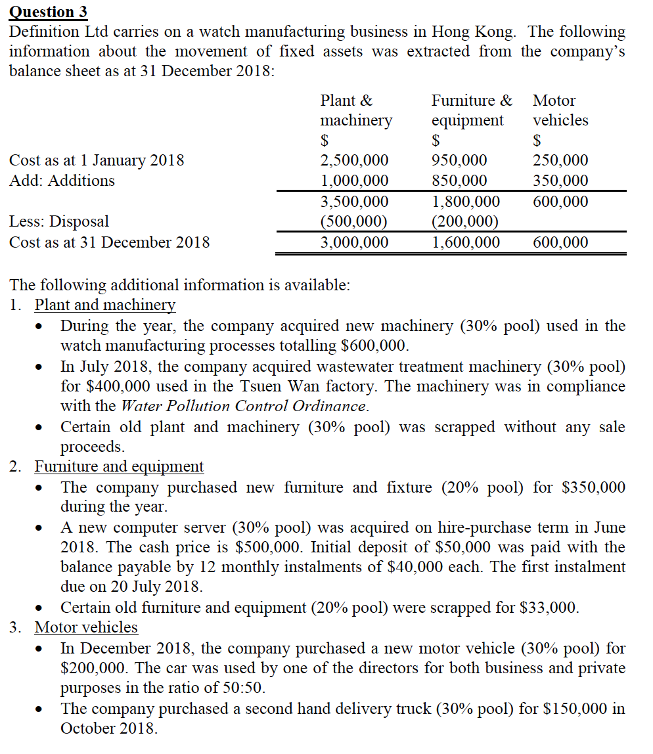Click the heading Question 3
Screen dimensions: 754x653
pyautogui.click(x=47, y=11)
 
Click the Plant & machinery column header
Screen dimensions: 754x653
pyautogui.click(x=355, y=110)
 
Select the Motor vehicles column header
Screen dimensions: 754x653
pyautogui.click(x=560, y=110)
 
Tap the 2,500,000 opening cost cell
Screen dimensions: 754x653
pyautogui.click(x=354, y=160)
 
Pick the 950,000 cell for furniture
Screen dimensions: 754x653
pyautogui.click(x=459, y=160)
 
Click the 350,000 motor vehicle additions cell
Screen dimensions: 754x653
pyautogui.click(x=560, y=181)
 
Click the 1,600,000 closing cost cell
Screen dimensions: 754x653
pyautogui.click(x=465, y=242)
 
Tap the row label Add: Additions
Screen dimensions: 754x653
pyautogui.click(x=62, y=181)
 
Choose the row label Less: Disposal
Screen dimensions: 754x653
pyautogui.click(x=59, y=221)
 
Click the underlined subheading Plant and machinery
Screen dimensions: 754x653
pyautogui.click(x=105, y=305)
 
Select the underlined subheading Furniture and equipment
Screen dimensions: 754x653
pyautogui.click(x=119, y=466)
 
